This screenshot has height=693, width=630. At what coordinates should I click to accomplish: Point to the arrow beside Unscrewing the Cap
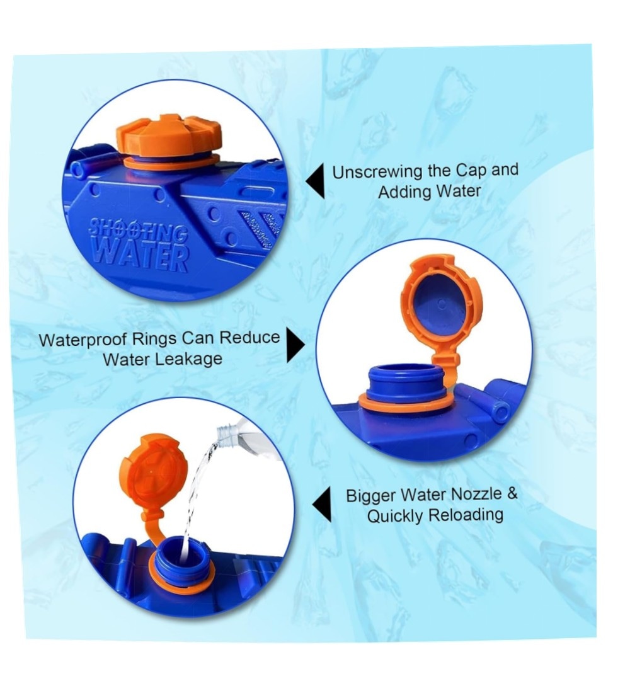click(x=315, y=181)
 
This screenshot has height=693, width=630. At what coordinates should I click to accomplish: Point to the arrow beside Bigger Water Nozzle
click(x=322, y=505)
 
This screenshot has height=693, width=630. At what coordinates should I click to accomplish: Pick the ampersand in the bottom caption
click(x=512, y=493)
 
